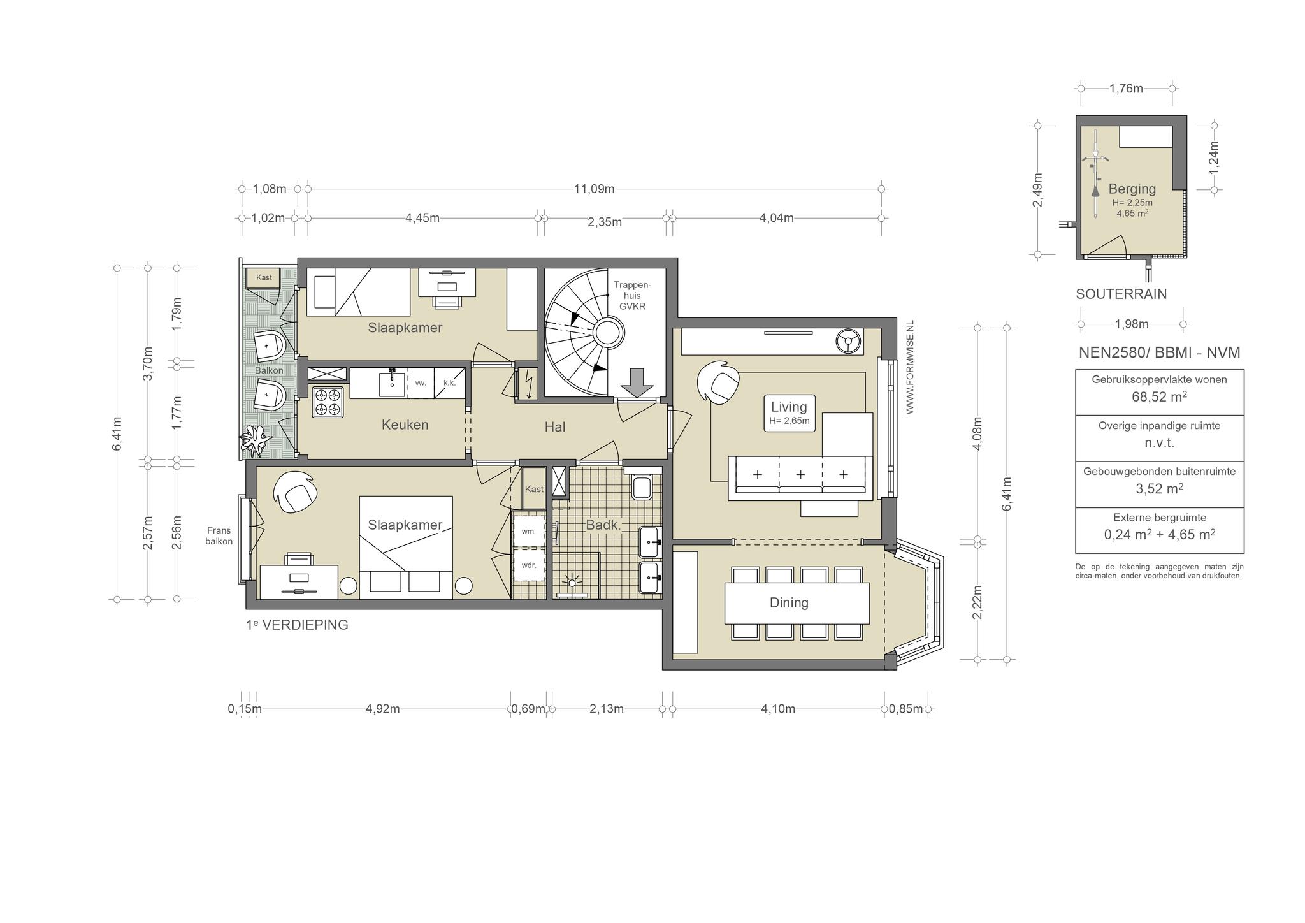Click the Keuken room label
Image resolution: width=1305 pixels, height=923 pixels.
405,425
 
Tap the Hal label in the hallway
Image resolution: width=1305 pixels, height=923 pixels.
554,427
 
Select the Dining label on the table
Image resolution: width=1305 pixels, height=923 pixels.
789,602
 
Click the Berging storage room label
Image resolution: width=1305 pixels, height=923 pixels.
1132,189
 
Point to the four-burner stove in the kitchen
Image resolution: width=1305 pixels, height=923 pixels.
328,402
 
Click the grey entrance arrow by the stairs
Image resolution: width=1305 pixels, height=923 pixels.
637,382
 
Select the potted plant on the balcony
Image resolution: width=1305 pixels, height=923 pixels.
256,441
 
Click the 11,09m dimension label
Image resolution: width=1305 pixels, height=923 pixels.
594,189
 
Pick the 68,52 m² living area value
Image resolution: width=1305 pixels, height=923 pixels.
1159,396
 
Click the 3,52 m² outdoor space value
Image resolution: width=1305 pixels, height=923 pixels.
1159,489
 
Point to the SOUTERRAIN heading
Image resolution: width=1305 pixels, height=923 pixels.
1121,294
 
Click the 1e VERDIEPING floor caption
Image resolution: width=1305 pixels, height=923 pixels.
297,625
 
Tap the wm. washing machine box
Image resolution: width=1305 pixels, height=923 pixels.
529,530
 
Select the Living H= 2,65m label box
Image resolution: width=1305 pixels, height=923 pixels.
789,412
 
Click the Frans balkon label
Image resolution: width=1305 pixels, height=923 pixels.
219,535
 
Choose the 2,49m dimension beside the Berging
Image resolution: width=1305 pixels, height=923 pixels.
1037,190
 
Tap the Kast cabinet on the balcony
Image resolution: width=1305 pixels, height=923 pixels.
264,278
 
